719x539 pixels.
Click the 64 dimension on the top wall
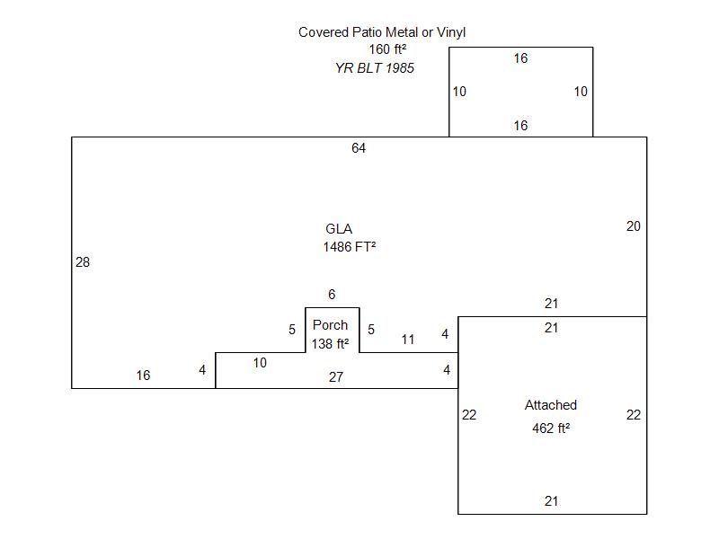coord(359,148)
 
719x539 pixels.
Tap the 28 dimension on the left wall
coord(83,262)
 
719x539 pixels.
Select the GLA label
coord(339,229)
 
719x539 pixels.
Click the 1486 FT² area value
coord(349,246)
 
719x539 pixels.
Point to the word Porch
coord(330,325)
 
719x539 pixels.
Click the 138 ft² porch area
coord(330,343)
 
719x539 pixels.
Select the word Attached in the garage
coord(551,405)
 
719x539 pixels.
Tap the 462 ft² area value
coord(551,429)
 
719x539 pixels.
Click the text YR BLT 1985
coord(375,67)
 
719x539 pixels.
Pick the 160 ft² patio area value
coord(386,49)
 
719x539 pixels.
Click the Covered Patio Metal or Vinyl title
coord(382,32)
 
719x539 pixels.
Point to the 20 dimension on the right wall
coord(634,226)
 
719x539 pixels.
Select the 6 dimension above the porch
coord(332,295)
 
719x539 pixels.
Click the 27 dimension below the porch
coord(335,377)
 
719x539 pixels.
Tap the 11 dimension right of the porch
coord(408,340)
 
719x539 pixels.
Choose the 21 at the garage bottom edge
coord(551,501)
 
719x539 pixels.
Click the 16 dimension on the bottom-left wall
coord(143,376)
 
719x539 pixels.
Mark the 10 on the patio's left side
coord(459,92)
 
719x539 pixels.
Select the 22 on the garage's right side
coord(634,415)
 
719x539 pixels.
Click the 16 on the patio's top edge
coord(520,58)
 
